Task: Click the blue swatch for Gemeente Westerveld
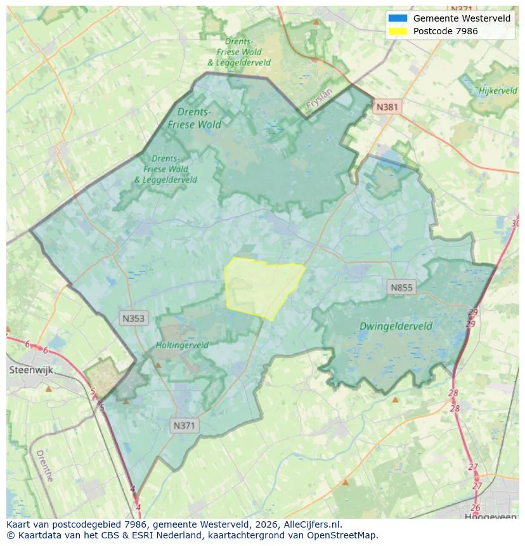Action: click(398, 18)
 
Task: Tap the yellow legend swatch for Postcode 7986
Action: click(398, 31)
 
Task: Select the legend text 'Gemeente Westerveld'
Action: click(462, 18)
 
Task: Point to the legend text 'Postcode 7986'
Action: click(445, 31)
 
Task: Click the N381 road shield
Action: click(387, 107)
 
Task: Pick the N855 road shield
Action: click(401, 288)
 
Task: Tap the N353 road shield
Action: click(134, 318)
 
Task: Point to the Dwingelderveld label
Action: click(396, 327)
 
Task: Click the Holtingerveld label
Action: click(182, 346)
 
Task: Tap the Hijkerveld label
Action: click(498, 91)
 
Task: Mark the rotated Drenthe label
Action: click(44, 466)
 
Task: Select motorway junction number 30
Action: click(515, 223)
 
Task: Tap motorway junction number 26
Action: click(476, 507)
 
